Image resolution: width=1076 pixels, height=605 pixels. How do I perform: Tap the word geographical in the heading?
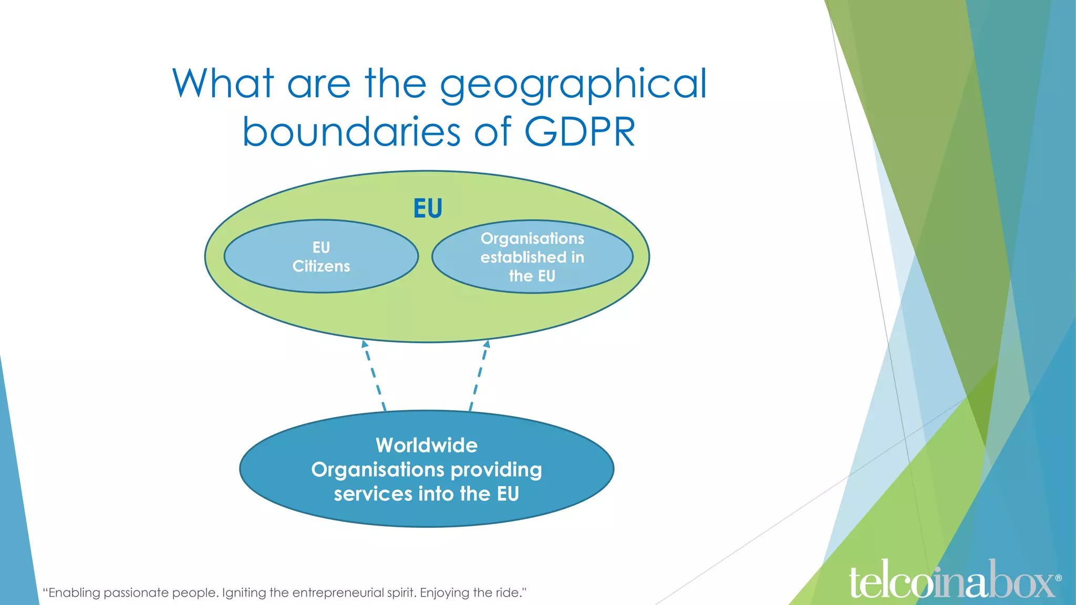[574, 84]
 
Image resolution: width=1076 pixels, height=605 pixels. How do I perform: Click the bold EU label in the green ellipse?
[428, 208]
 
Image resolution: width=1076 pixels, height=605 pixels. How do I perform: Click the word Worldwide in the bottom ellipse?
[427, 445]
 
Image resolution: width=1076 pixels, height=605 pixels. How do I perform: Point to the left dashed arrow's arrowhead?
[364, 345]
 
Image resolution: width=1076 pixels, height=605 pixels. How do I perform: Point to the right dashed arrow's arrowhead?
[487, 345]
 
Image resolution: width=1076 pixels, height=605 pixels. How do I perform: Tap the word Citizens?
[321, 266]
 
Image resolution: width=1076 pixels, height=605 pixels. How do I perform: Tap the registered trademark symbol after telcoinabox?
[1058, 578]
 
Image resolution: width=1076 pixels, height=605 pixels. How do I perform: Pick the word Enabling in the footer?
[74, 593]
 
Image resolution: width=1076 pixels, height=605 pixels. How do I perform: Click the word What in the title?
[223, 84]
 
